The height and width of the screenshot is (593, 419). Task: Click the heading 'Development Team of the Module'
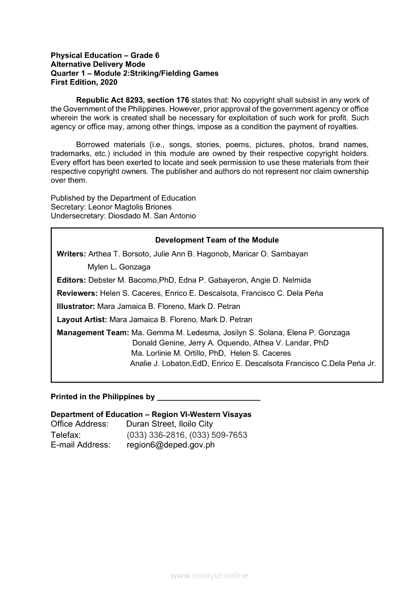coord(217,240)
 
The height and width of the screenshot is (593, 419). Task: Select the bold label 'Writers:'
coord(72,254)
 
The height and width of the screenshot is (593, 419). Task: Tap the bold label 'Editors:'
coord(72,280)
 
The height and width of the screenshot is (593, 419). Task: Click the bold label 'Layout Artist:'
coord(82,320)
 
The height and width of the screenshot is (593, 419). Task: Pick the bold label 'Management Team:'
coord(93,333)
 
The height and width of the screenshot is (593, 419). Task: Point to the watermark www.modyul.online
coord(209,575)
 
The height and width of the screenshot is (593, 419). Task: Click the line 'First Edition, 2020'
coord(84,82)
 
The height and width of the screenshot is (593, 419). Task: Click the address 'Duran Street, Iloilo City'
coord(169,424)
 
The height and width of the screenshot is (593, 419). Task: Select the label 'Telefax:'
coord(66,435)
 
